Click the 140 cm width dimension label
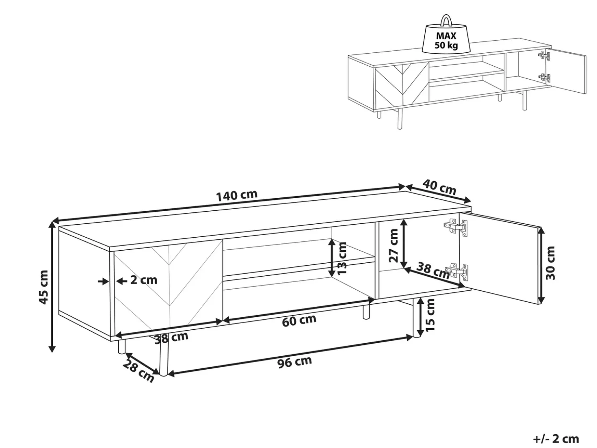point(237,195)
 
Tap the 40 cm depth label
point(439,187)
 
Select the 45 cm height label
point(43,287)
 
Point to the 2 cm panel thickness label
point(144,280)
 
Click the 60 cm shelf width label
point(299,321)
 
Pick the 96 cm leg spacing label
point(294,362)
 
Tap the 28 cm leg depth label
point(138,371)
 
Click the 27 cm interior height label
point(393,246)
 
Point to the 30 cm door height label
point(550,263)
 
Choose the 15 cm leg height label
point(430,315)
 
